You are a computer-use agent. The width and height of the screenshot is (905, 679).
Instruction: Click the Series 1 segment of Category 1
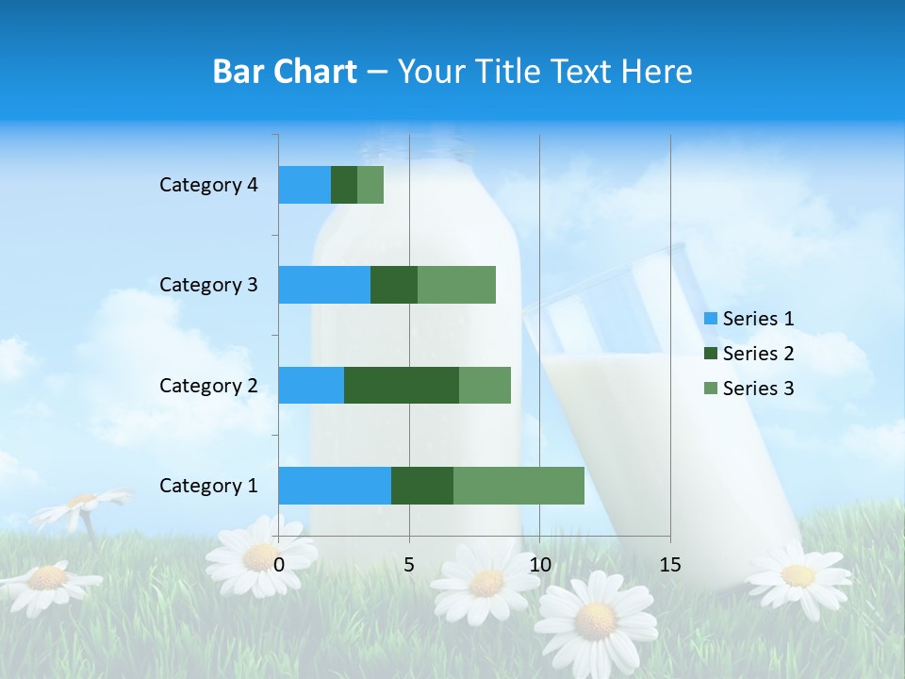coord(335,485)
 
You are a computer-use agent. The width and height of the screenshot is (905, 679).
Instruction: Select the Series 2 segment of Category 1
coord(422,485)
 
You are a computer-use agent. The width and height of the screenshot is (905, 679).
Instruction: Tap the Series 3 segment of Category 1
coord(518,485)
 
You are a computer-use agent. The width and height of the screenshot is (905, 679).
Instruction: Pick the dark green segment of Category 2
coord(402,385)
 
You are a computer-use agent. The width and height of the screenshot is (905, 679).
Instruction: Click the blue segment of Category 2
coord(311,385)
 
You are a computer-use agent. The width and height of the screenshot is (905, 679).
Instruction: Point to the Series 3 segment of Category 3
coord(456,285)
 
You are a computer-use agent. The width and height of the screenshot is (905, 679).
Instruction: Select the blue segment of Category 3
coord(324,285)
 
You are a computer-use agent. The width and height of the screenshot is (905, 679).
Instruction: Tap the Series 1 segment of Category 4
coord(304,185)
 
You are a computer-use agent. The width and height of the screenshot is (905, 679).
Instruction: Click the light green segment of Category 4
coord(370,185)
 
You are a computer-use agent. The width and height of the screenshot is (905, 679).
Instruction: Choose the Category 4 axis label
coord(208,185)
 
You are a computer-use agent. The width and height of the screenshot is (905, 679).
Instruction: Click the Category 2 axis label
coord(208,385)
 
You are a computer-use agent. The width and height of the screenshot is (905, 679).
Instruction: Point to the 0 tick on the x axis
coord(279,565)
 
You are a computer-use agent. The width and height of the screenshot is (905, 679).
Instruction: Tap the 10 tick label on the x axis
coord(539,565)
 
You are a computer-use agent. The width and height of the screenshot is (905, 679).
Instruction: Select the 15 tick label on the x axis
coord(669,565)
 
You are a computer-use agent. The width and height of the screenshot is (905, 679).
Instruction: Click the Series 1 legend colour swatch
coord(711,319)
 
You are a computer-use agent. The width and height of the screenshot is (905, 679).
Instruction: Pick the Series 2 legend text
coord(758,354)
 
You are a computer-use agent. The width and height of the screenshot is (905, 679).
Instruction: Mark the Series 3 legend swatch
coord(711,389)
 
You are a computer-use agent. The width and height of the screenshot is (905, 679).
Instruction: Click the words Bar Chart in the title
coord(285,72)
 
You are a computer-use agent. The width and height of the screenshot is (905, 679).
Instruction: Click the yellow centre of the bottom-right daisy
coord(798,575)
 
